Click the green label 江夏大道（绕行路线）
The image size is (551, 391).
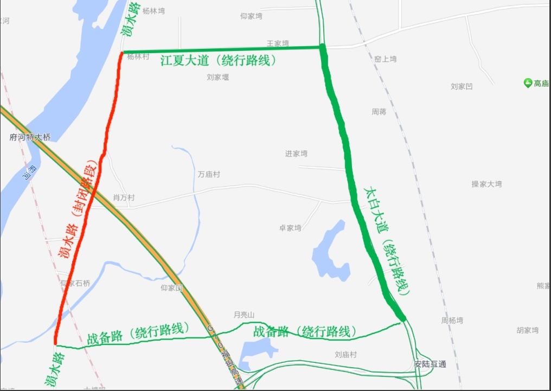click(219, 60)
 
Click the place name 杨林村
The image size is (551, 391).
click(138, 56)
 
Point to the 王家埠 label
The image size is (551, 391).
click(278, 43)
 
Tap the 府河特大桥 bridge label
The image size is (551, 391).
click(30, 138)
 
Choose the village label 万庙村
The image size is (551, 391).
click(209, 175)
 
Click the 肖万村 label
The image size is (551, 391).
click(124, 198)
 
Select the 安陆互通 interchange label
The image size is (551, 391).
click(430, 364)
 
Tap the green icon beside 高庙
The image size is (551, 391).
click(528, 83)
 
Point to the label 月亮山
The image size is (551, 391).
click(244, 315)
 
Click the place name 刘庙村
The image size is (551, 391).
click(345, 355)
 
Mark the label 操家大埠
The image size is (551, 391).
click(486, 184)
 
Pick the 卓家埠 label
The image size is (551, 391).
click(290, 228)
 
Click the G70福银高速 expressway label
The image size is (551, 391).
click(227, 352)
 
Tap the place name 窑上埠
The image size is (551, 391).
click(386, 59)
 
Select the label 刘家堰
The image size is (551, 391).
click(217, 78)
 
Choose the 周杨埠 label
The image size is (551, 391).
click(452, 321)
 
